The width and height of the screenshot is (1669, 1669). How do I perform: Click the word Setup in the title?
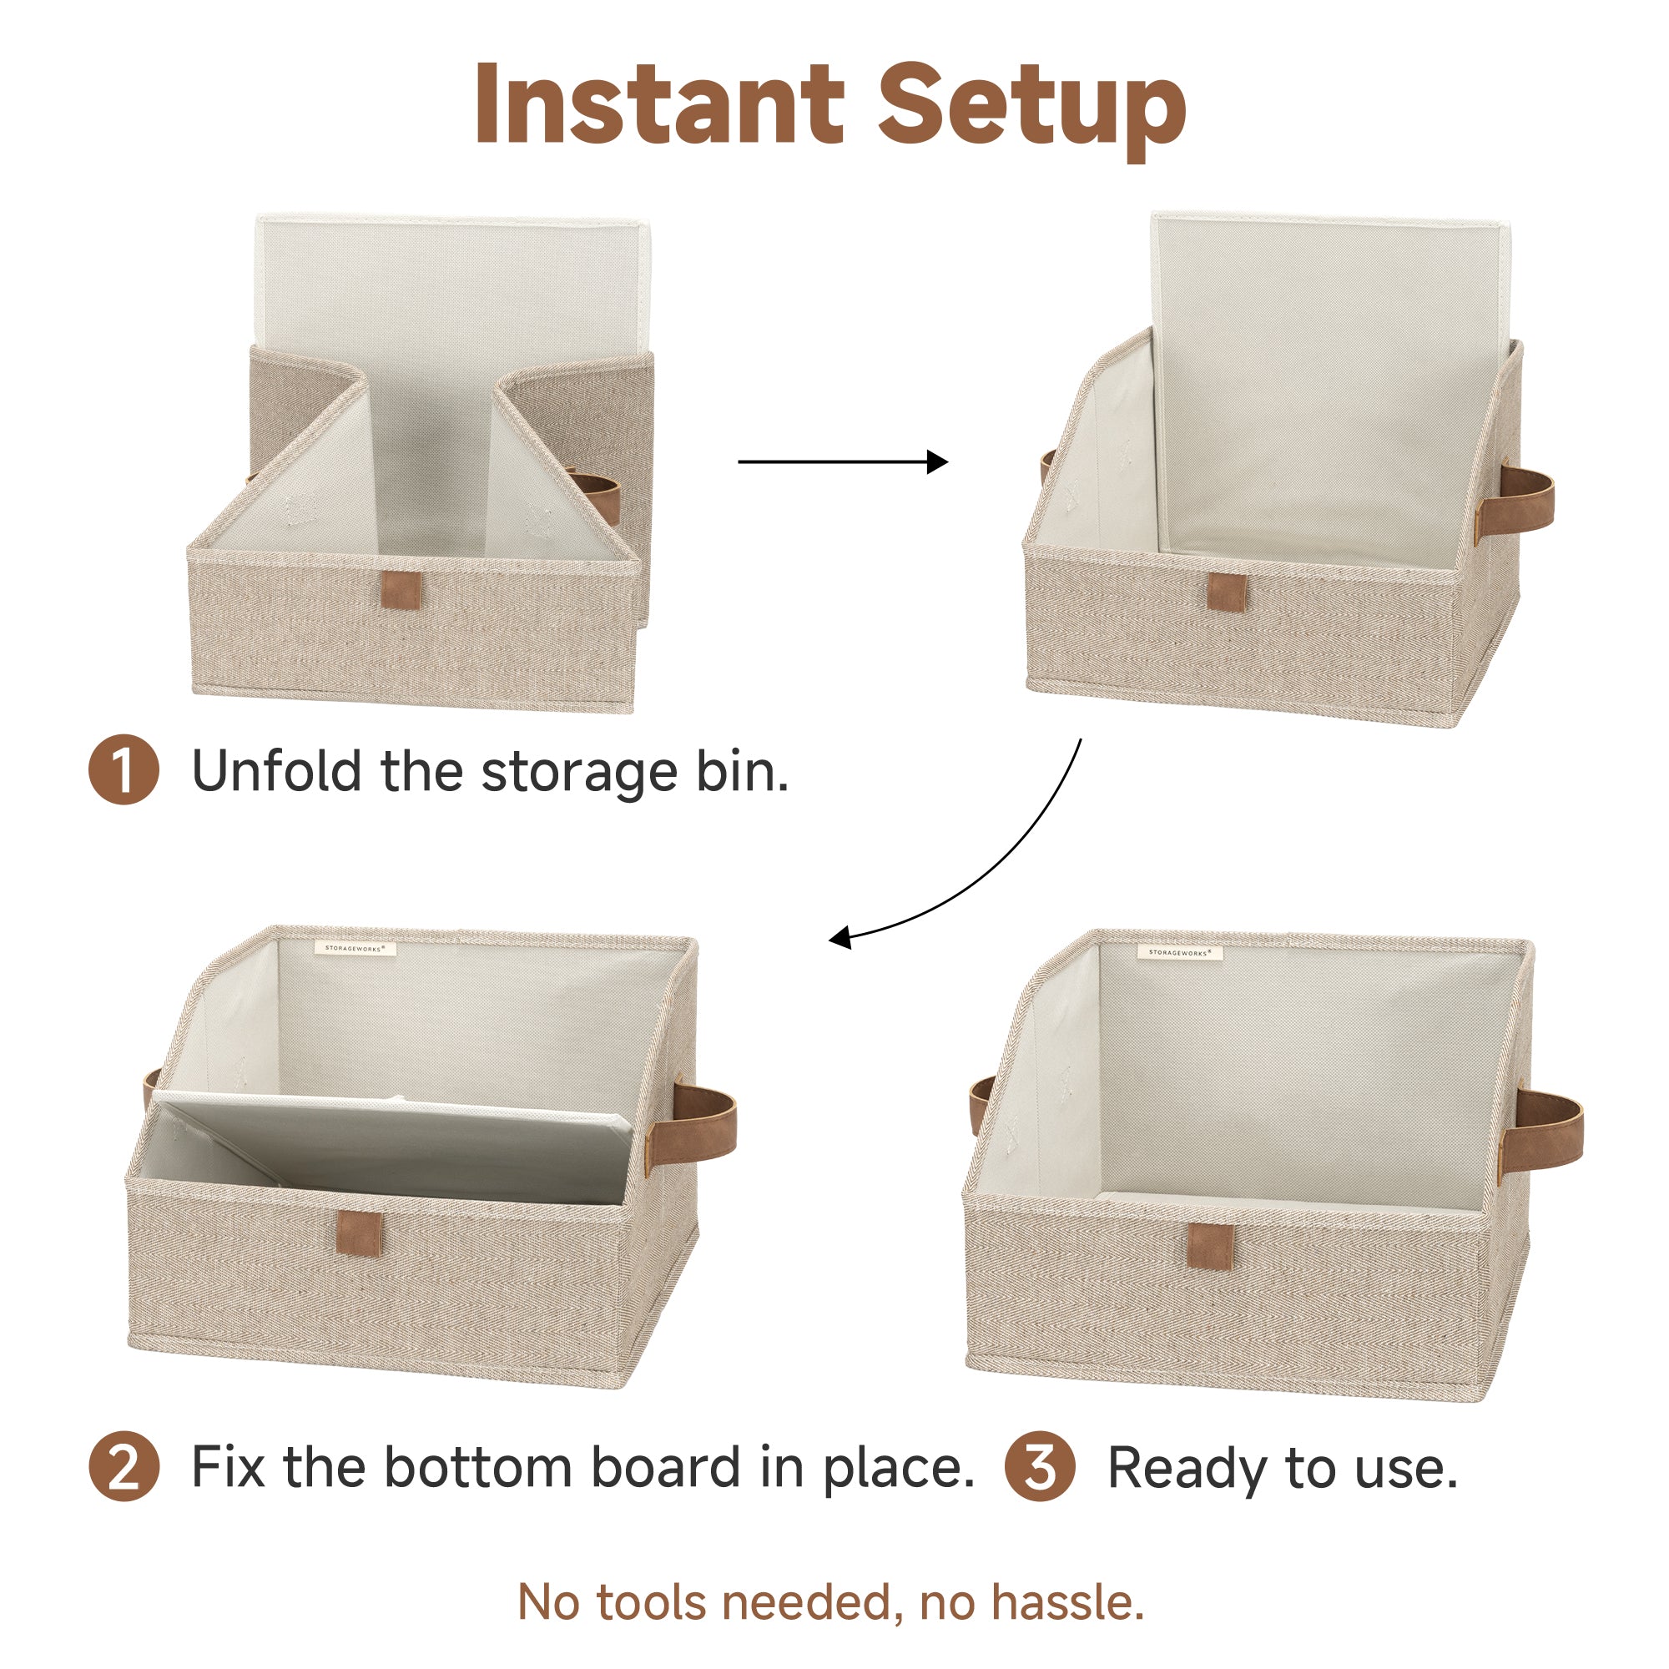coord(1032,111)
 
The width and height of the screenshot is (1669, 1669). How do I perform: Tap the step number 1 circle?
coord(124,769)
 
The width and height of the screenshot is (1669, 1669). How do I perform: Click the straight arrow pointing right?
coord(843,462)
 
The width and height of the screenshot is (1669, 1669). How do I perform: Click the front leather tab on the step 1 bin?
coord(401,590)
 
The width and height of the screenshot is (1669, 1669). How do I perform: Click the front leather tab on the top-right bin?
coord(1227,592)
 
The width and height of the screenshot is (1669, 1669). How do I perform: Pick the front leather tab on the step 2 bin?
coord(360,1233)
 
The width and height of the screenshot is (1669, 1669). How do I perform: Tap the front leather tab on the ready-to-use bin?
coord(1210,1247)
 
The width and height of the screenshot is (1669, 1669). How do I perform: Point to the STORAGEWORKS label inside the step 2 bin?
coord(354,948)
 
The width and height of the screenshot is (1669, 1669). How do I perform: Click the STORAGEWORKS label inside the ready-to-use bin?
coord(1179,952)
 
